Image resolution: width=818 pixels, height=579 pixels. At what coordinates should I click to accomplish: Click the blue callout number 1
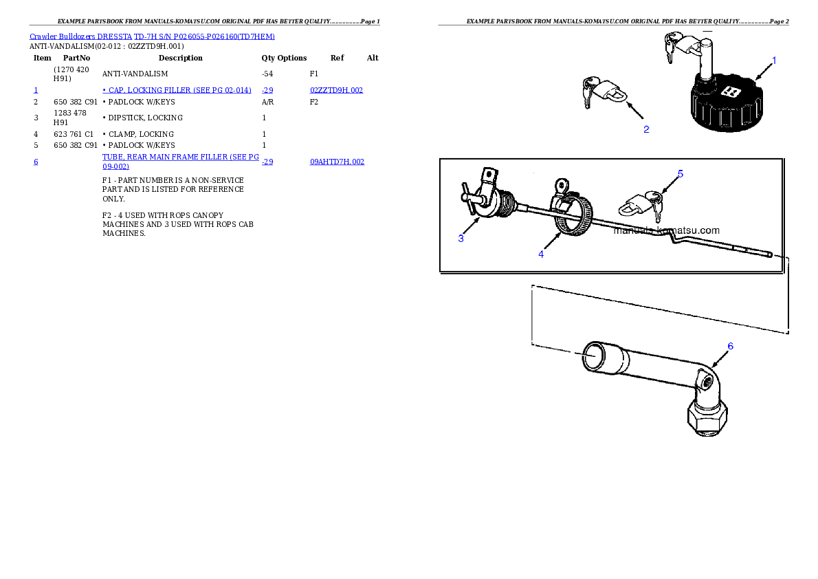point(773,61)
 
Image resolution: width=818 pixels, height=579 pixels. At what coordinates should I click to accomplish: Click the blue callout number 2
point(646,129)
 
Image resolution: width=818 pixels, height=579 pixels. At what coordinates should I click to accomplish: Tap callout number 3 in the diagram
point(461,239)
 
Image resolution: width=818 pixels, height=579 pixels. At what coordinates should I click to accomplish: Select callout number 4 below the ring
point(541,254)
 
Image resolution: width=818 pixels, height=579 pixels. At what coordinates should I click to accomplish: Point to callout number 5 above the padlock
point(680,174)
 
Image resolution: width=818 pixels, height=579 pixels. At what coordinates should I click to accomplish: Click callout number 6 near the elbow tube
point(730,346)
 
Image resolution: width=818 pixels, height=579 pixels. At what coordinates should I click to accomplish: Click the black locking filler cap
point(726,103)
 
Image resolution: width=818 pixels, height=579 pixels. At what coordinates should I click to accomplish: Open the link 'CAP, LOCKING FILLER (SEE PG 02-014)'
point(177,90)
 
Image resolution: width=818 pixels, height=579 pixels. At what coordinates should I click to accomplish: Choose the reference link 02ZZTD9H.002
point(336,90)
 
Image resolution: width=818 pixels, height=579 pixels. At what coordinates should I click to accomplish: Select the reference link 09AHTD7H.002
point(337,162)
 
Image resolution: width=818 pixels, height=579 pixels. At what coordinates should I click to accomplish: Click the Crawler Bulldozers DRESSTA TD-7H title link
point(152,36)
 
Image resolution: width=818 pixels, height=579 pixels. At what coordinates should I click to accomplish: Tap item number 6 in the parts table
point(36,162)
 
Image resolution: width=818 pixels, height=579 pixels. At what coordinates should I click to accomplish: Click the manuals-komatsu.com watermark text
point(666,230)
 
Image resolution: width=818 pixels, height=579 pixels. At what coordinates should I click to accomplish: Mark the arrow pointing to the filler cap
point(763,70)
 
